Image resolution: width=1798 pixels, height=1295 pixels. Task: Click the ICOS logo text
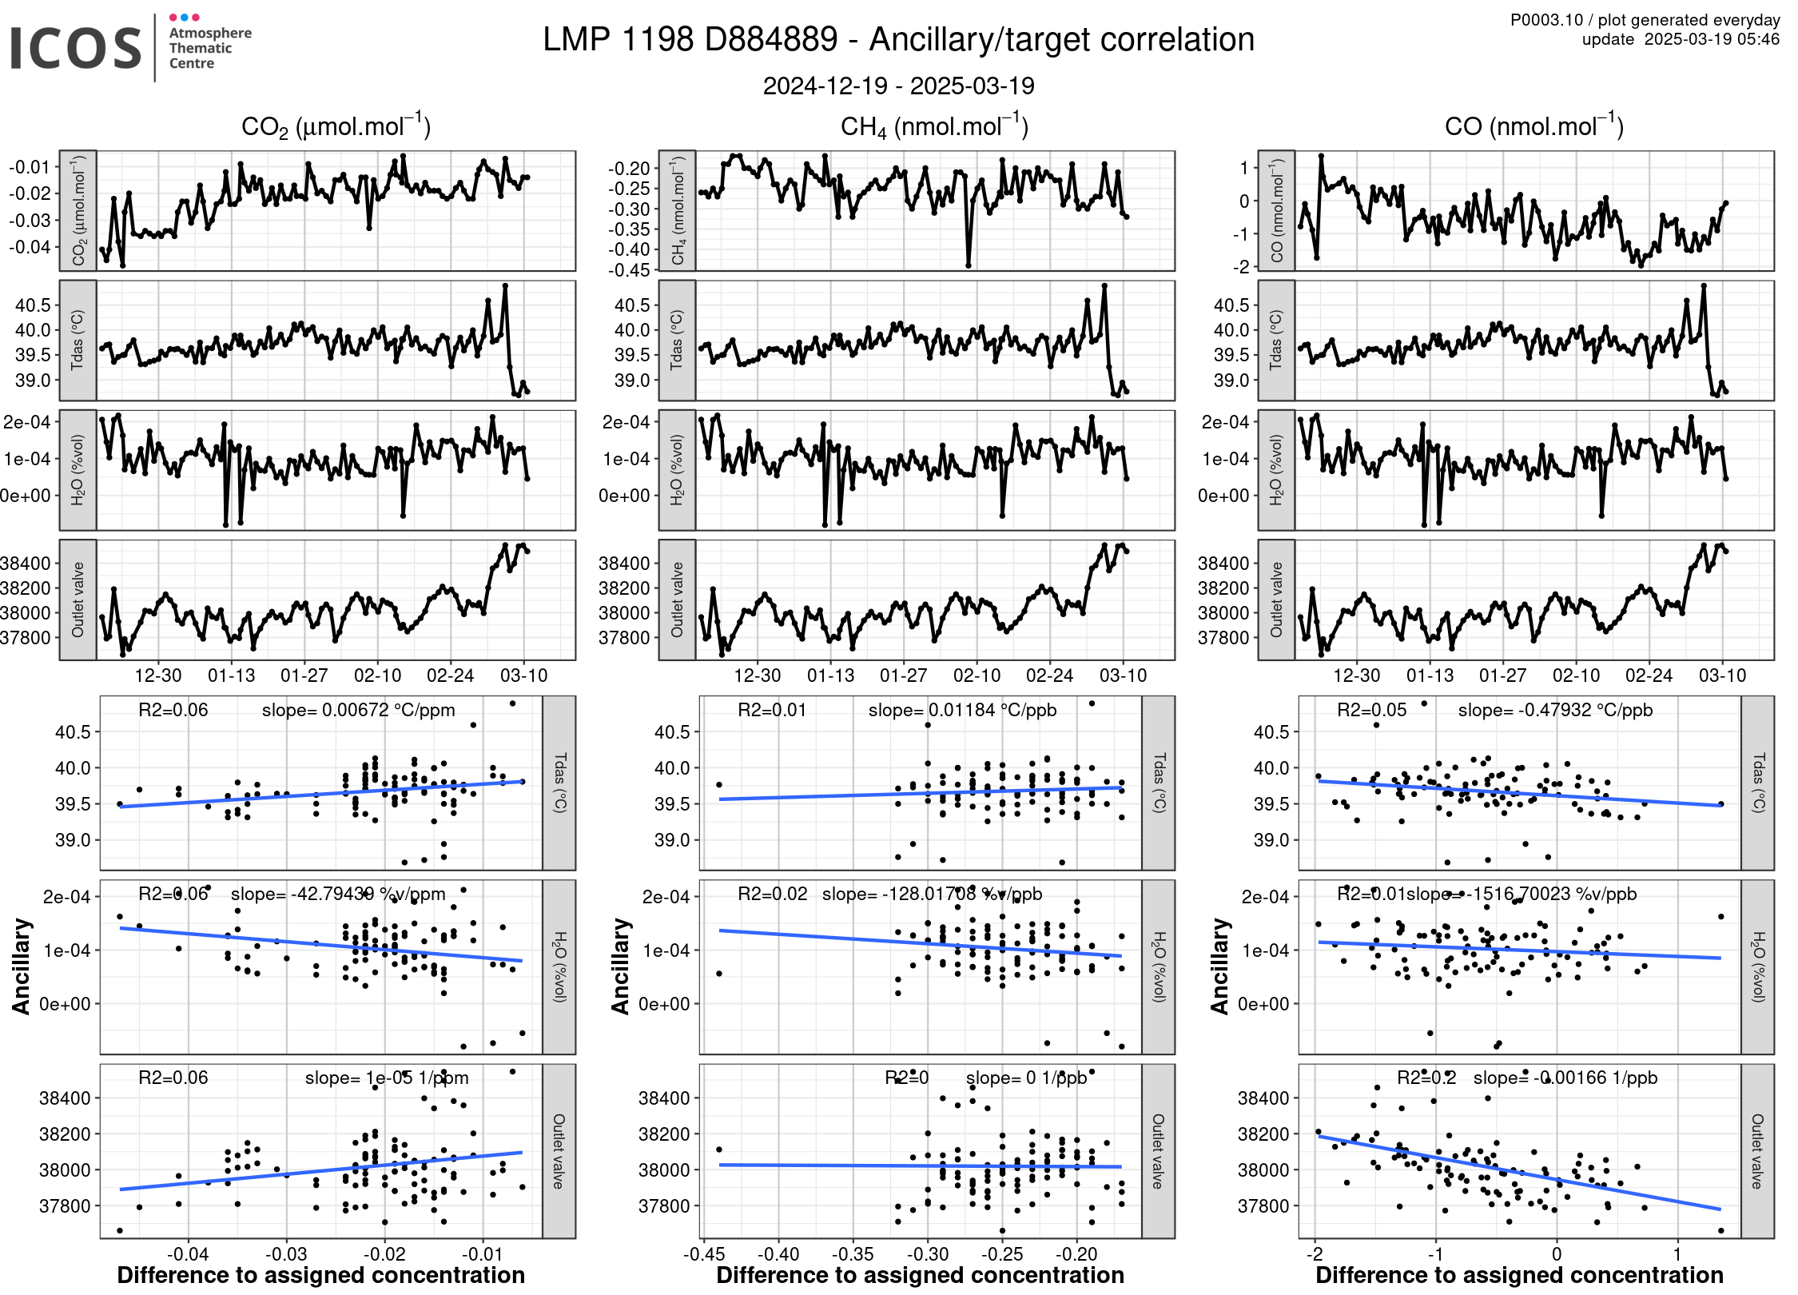click(x=75, y=48)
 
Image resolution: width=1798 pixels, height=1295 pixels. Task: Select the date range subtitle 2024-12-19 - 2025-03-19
click(x=898, y=86)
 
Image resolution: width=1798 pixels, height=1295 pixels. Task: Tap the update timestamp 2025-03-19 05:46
click(x=1711, y=39)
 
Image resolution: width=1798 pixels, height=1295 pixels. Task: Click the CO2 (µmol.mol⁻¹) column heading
click(x=336, y=126)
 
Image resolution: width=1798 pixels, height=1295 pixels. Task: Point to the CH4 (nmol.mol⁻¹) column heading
click(x=933, y=126)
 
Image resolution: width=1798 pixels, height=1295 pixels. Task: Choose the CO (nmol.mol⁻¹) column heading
click(x=1533, y=126)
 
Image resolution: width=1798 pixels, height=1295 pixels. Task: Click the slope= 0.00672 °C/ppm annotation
click(x=358, y=710)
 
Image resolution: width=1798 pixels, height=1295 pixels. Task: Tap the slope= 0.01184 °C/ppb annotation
click(x=962, y=710)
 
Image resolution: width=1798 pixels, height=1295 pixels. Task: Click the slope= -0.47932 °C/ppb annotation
click(x=1555, y=710)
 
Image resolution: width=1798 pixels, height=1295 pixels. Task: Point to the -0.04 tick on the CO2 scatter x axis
click(x=188, y=1253)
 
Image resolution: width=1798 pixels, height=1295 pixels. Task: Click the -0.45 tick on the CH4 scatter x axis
click(x=703, y=1253)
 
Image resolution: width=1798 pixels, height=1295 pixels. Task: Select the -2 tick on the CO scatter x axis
click(x=1315, y=1253)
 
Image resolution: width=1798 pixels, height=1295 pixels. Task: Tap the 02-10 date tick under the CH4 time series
click(x=977, y=675)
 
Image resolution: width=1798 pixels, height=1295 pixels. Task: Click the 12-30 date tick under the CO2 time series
click(x=157, y=675)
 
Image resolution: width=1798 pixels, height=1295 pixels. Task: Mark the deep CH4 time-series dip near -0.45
click(x=968, y=265)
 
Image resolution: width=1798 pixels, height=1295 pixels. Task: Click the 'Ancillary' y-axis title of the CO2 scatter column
click(x=22, y=966)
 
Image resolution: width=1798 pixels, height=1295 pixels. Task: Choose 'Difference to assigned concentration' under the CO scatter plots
click(x=1519, y=1275)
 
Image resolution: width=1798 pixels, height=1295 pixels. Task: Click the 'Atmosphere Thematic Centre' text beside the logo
click(x=209, y=48)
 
